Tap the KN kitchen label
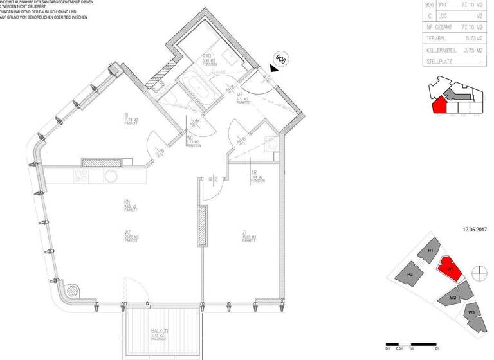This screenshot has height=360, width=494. (128, 202)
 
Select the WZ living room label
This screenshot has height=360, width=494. (128, 233)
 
